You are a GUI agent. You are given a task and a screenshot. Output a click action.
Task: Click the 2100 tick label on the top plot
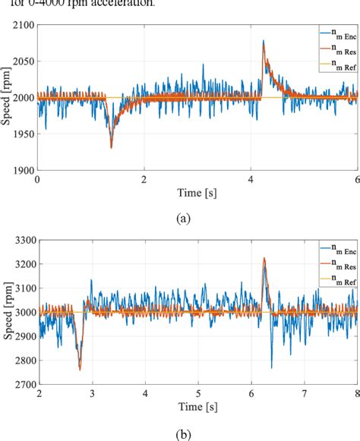coord(22,26)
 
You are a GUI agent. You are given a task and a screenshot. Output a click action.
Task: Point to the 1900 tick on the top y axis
coord(22,170)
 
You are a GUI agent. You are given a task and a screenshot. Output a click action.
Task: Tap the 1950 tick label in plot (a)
coord(22,134)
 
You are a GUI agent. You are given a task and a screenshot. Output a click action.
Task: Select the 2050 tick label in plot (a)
coord(22,62)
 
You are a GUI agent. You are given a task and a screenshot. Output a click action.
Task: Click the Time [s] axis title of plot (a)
coord(197,194)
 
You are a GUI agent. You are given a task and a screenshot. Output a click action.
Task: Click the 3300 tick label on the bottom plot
coord(22,241)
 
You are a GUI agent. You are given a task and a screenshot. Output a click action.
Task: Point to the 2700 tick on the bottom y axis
coord(22,385)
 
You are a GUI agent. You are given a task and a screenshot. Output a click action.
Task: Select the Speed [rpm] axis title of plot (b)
coord(8,312)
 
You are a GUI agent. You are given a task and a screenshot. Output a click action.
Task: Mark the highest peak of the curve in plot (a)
coord(264,42)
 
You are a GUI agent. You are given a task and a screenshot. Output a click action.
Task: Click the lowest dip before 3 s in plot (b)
coord(80,370)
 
